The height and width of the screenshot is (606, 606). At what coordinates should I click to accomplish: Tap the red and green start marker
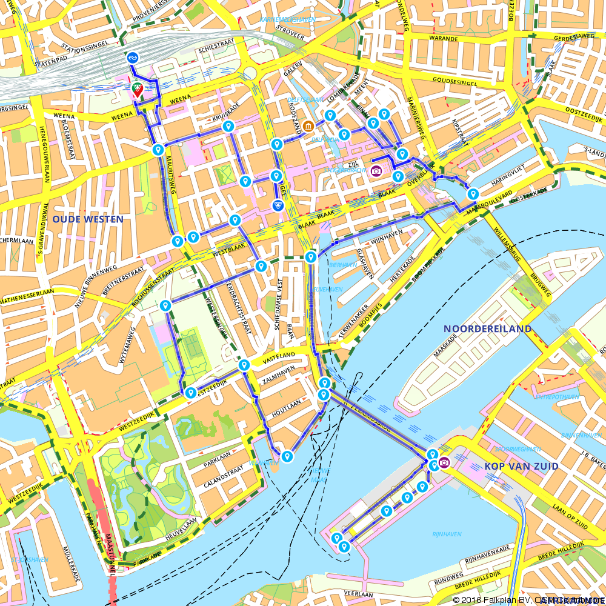[x=138, y=90]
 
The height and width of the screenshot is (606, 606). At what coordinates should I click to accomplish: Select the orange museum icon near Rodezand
[x=308, y=126]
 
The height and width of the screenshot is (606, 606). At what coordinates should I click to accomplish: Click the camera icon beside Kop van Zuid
[x=444, y=462]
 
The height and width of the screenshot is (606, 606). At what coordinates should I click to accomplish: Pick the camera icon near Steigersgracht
[x=376, y=170]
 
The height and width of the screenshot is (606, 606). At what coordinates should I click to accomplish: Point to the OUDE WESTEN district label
[x=88, y=219]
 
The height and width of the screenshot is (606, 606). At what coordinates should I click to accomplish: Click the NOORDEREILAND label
[x=487, y=328]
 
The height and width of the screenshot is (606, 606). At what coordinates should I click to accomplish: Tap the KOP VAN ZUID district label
[x=521, y=466]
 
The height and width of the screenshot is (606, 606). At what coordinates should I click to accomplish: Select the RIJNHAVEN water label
[x=447, y=534]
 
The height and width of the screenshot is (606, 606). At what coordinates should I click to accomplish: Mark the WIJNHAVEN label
[x=387, y=231]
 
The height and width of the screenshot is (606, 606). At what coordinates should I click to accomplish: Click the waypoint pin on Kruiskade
[x=228, y=126]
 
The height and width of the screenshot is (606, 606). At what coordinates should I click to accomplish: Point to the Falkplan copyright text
[x=527, y=600]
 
